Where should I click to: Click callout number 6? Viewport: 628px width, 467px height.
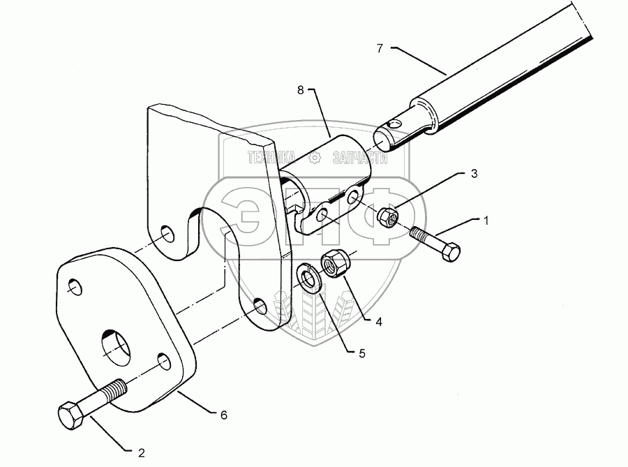224,415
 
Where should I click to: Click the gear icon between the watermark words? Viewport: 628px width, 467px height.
315,159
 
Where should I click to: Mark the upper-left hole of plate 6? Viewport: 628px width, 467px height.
74,287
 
